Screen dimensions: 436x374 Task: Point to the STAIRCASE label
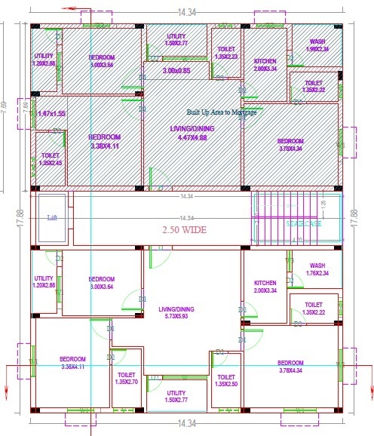point(302,224)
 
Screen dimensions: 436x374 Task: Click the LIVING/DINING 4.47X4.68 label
point(193,134)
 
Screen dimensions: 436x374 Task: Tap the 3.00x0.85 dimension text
point(176,72)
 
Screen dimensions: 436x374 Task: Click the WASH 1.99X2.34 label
point(317,46)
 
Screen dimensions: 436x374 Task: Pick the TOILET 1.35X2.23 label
point(225,52)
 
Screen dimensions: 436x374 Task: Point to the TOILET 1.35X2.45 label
point(51,159)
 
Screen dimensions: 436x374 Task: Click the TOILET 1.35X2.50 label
point(225,381)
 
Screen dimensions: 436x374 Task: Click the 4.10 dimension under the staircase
point(297,241)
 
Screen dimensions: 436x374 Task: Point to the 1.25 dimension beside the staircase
point(323,203)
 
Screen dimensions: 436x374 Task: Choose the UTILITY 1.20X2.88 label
point(44,60)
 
